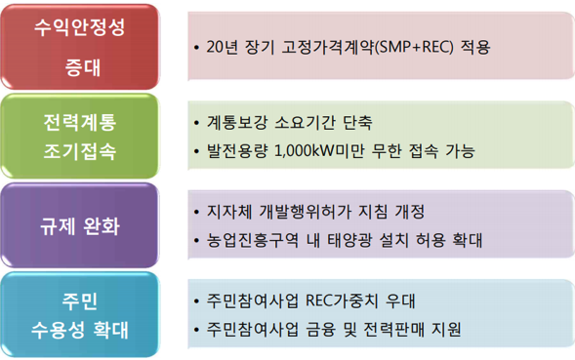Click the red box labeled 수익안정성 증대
tap(79, 44)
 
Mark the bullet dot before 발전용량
tap(198, 150)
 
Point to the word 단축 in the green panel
tap(355, 124)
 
